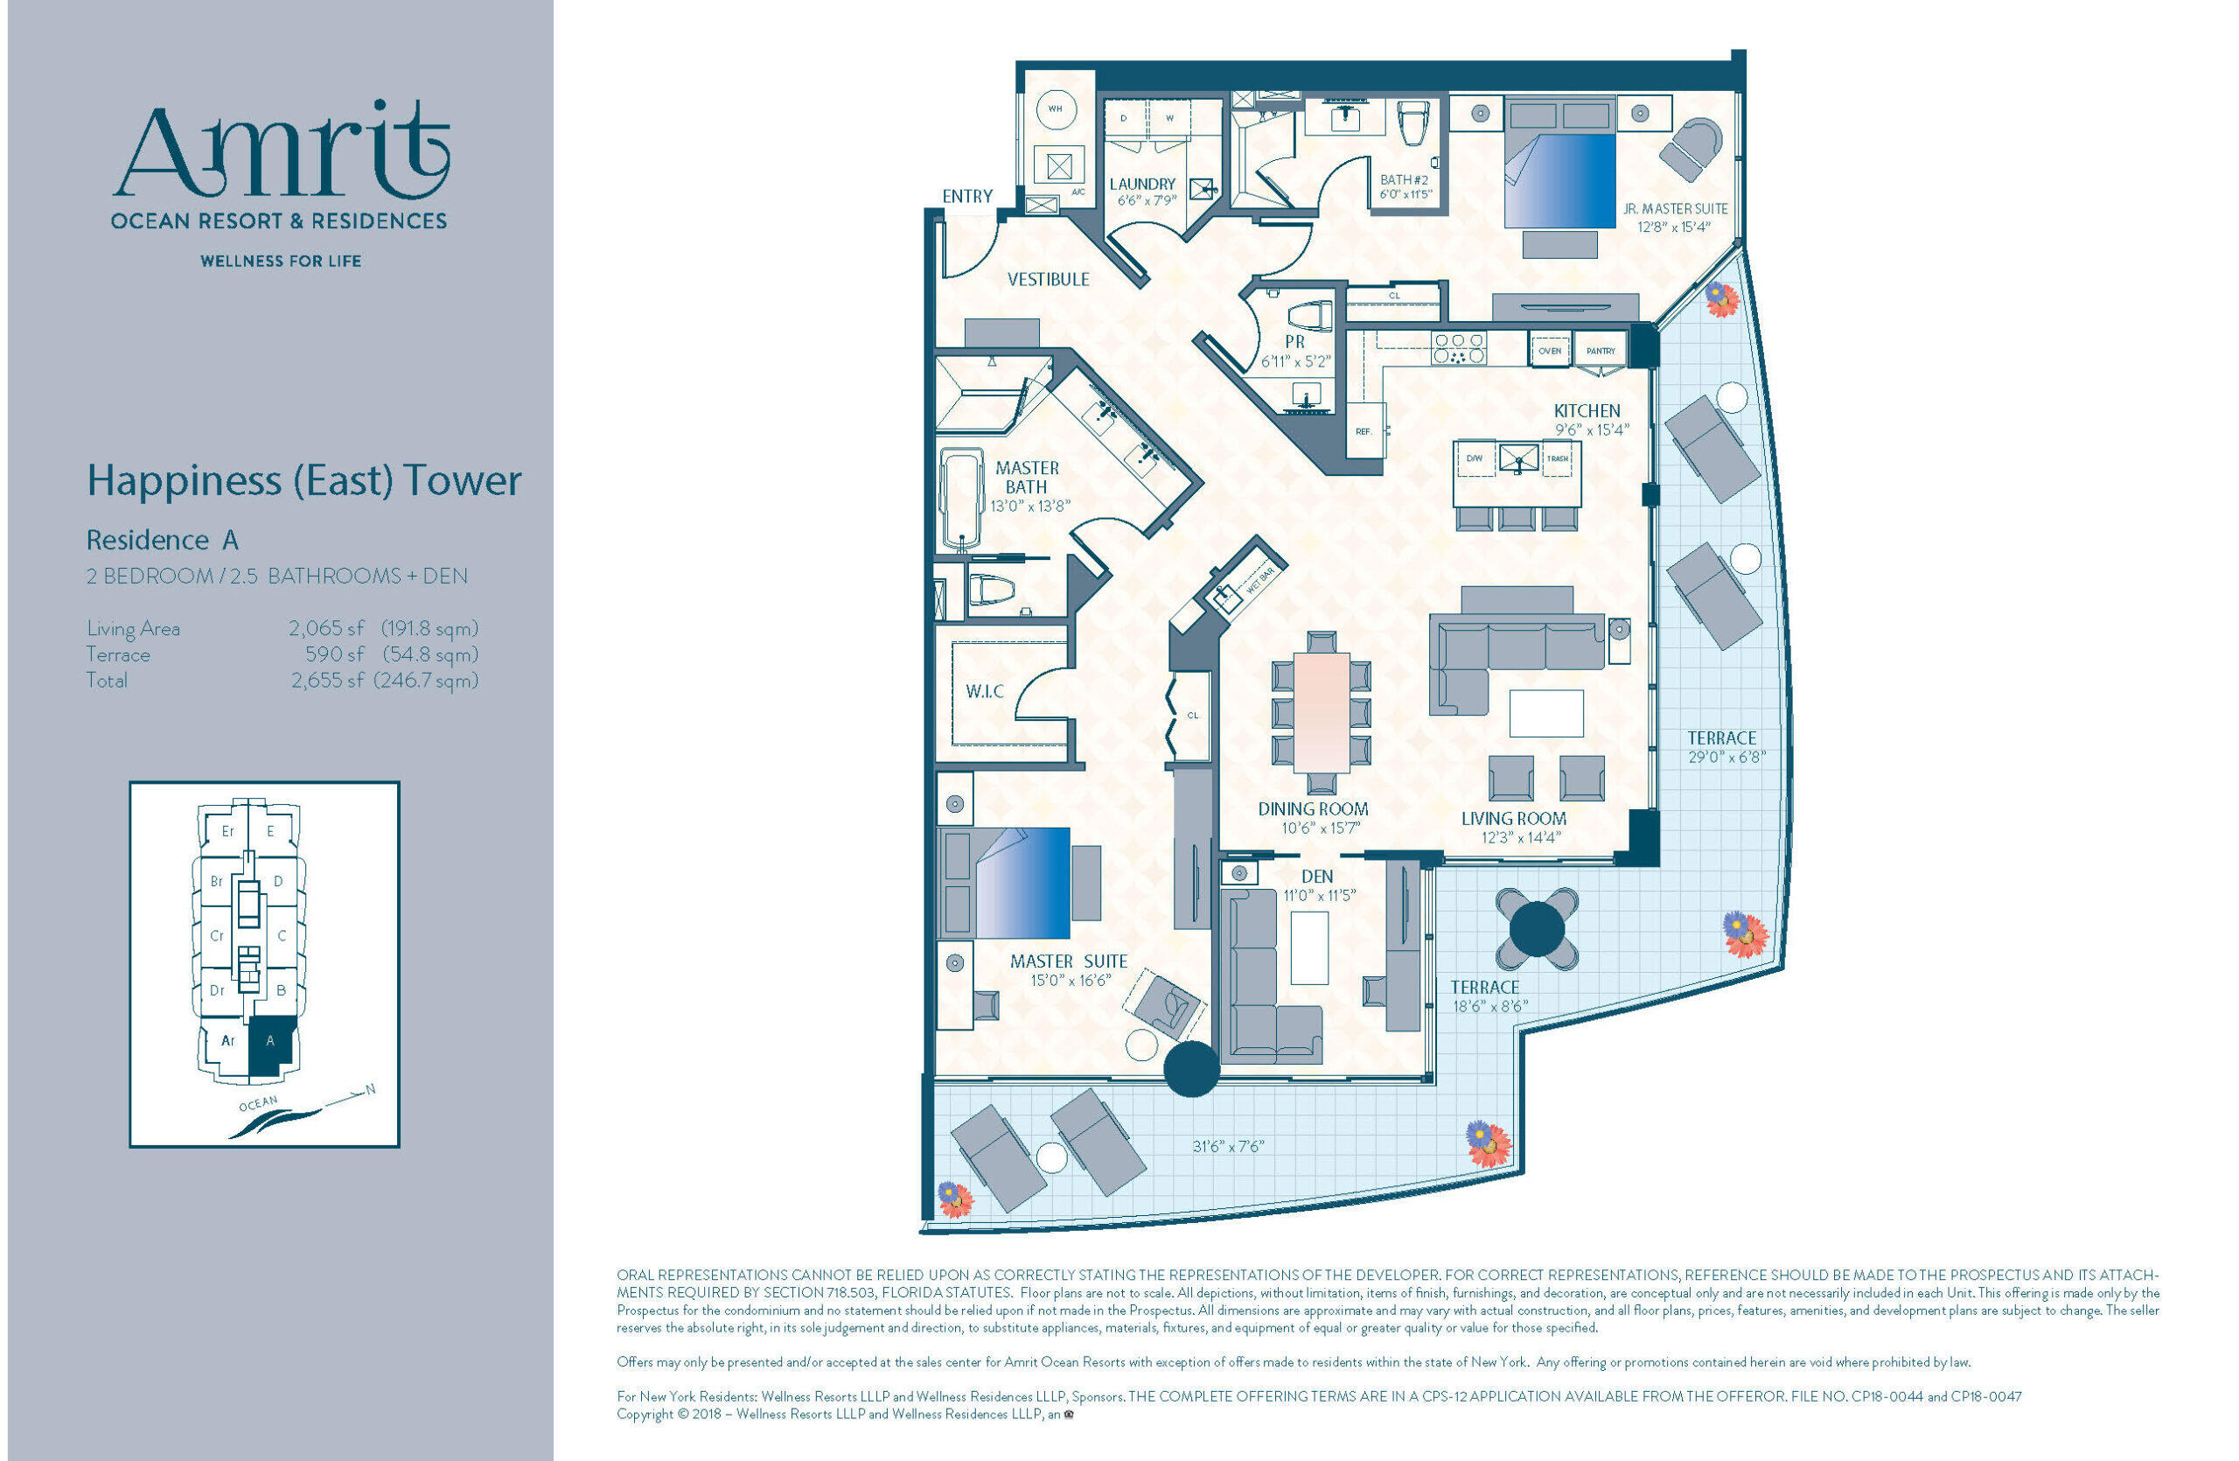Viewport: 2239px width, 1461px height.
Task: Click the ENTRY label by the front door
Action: click(x=967, y=196)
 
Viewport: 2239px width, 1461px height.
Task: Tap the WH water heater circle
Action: click(x=1056, y=110)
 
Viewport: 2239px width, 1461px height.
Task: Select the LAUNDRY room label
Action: click(x=1142, y=185)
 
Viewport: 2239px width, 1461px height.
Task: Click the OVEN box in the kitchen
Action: click(x=1550, y=351)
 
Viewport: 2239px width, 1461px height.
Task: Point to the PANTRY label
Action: click(x=1601, y=351)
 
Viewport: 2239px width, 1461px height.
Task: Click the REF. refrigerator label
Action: click(x=1364, y=432)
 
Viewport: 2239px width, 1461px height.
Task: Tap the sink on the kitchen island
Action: click(x=1518, y=460)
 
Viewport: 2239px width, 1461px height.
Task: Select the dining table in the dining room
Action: click(x=1321, y=712)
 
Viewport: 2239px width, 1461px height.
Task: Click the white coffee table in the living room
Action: click(x=1545, y=713)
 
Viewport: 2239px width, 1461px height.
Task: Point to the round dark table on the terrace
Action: click(x=1537, y=928)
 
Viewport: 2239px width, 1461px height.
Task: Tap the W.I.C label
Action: click(x=984, y=691)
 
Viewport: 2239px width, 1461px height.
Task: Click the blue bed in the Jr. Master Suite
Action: click(x=1559, y=180)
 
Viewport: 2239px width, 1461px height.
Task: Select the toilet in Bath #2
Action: click(x=1413, y=122)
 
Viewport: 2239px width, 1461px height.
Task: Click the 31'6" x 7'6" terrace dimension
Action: click(x=1228, y=1146)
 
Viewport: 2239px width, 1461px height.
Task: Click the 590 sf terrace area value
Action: click(x=334, y=654)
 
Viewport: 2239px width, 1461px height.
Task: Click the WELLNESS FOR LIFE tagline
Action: click(x=281, y=262)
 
